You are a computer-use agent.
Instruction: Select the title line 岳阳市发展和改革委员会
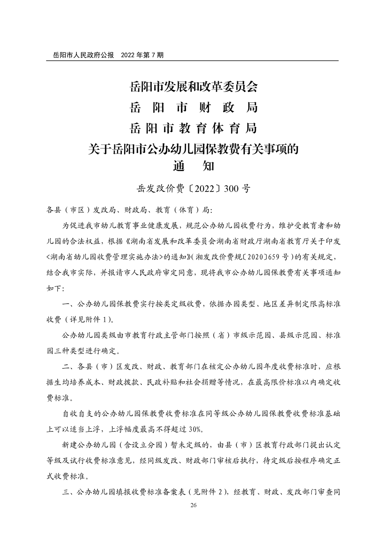193,87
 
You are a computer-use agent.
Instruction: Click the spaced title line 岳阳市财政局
193,107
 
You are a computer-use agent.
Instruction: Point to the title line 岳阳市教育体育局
193,128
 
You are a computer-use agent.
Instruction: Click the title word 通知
193,166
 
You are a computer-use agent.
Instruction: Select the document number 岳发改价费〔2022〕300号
193,189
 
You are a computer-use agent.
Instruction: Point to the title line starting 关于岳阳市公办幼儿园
193,149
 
